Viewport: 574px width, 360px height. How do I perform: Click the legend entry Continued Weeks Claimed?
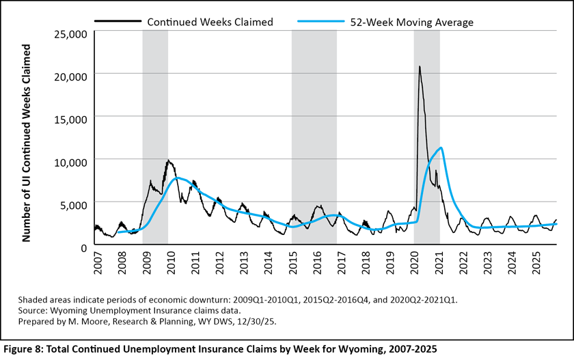210,22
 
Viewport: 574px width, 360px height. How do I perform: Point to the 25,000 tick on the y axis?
69,33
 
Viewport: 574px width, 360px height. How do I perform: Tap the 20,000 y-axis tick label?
69,75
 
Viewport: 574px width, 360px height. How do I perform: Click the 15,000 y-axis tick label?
69,118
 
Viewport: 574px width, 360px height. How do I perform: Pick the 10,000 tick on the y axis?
69,161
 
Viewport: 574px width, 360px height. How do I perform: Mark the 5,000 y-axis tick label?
72,204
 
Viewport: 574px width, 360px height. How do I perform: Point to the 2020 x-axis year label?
416,262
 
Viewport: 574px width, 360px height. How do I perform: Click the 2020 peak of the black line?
420,66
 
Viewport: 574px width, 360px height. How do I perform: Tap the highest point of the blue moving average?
442,148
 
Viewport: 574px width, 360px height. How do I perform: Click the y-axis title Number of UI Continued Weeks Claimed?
27,143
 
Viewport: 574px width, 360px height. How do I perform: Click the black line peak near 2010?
168,161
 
